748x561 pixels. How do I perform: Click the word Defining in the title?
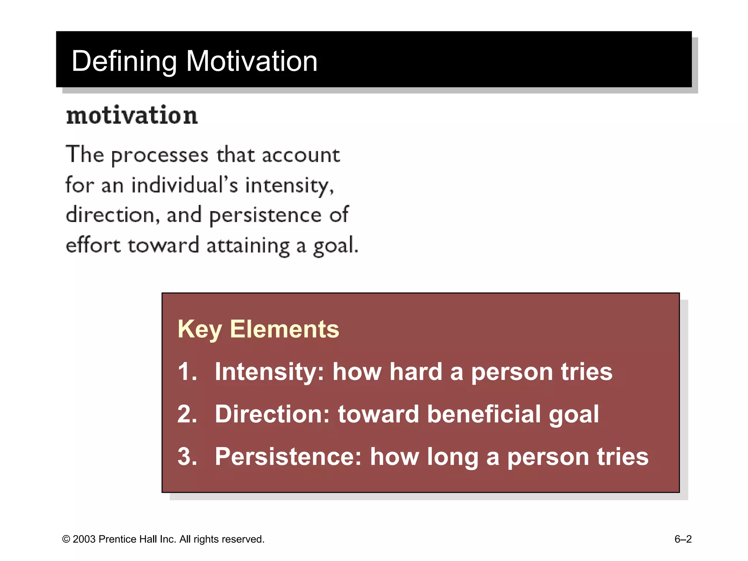[x=124, y=61]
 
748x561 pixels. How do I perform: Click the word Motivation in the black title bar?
[x=252, y=61]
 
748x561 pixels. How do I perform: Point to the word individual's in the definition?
[x=184, y=185]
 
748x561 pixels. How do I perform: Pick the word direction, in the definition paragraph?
[x=112, y=215]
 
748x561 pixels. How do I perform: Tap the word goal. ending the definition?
[x=336, y=246]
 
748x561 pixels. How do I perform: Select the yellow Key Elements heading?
[x=258, y=329]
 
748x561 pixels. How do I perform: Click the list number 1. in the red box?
[x=187, y=372]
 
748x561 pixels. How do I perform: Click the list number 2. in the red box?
[x=187, y=414]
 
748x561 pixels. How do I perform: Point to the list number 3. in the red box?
[x=187, y=457]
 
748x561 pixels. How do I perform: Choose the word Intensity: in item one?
[x=269, y=372]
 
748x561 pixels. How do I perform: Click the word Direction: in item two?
[x=272, y=414]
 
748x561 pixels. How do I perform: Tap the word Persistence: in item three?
[x=288, y=457]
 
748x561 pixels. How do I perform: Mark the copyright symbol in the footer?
[x=66, y=539]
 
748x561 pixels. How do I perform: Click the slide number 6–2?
[x=683, y=539]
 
